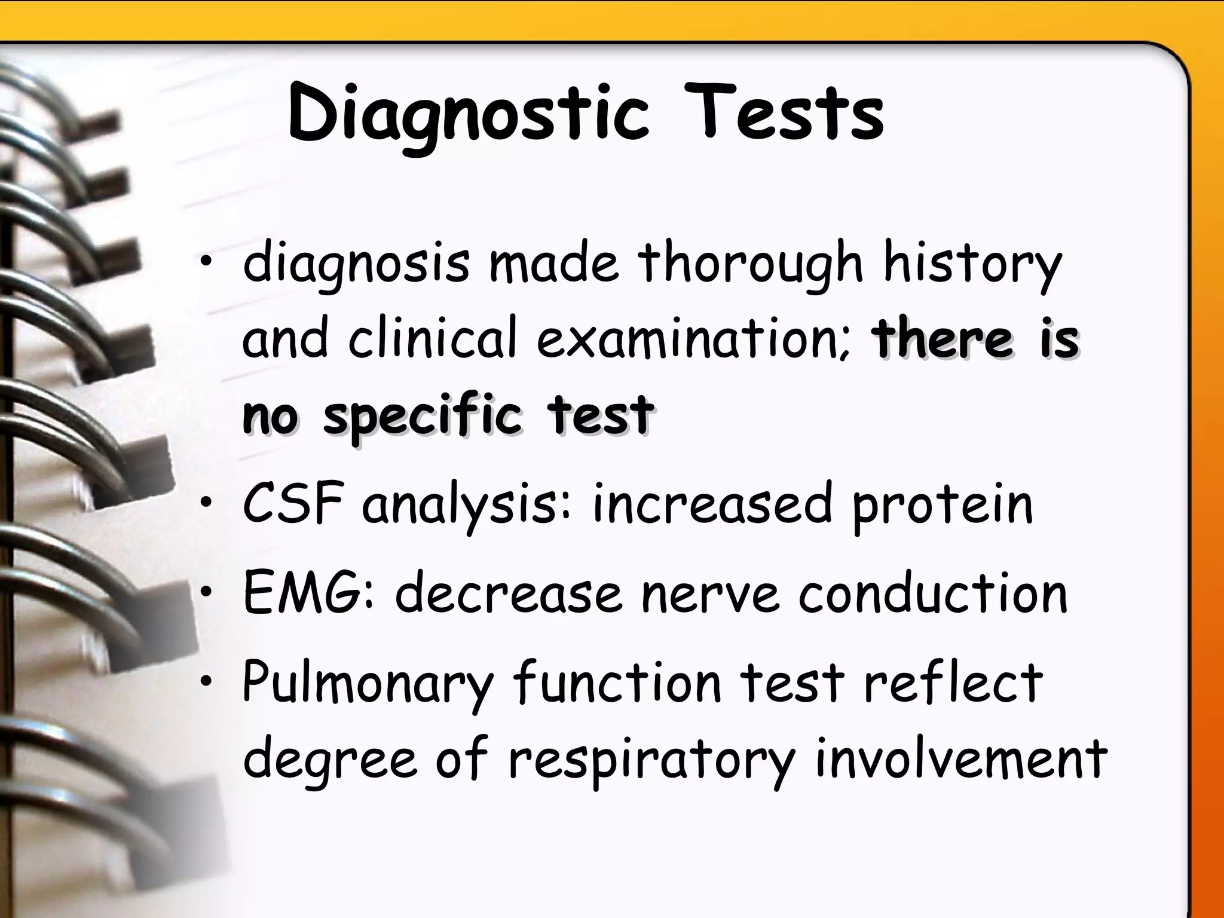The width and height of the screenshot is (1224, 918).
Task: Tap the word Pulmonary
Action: pos(368,683)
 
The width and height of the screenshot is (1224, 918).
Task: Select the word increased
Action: pos(712,503)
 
